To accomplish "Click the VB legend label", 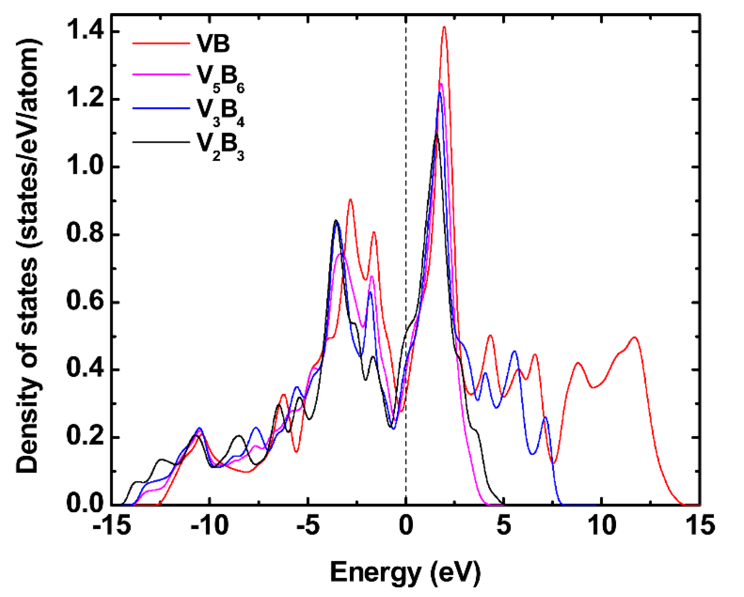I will (x=213, y=44).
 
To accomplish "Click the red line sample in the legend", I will (x=161, y=44).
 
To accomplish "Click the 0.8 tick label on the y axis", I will (x=86, y=234).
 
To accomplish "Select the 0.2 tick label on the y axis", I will (x=86, y=437).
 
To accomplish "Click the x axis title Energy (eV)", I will (x=405, y=572).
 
